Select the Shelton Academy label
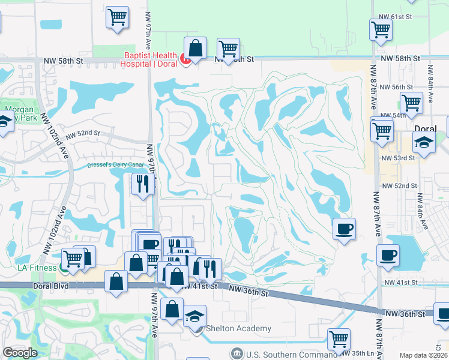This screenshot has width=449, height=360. coord(238,328)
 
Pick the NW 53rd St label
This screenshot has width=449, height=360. coord(398,158)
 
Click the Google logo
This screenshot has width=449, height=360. coord(20,353)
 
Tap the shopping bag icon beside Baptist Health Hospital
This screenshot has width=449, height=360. coord(195,47)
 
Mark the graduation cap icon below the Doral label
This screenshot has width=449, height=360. coord(424,144)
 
